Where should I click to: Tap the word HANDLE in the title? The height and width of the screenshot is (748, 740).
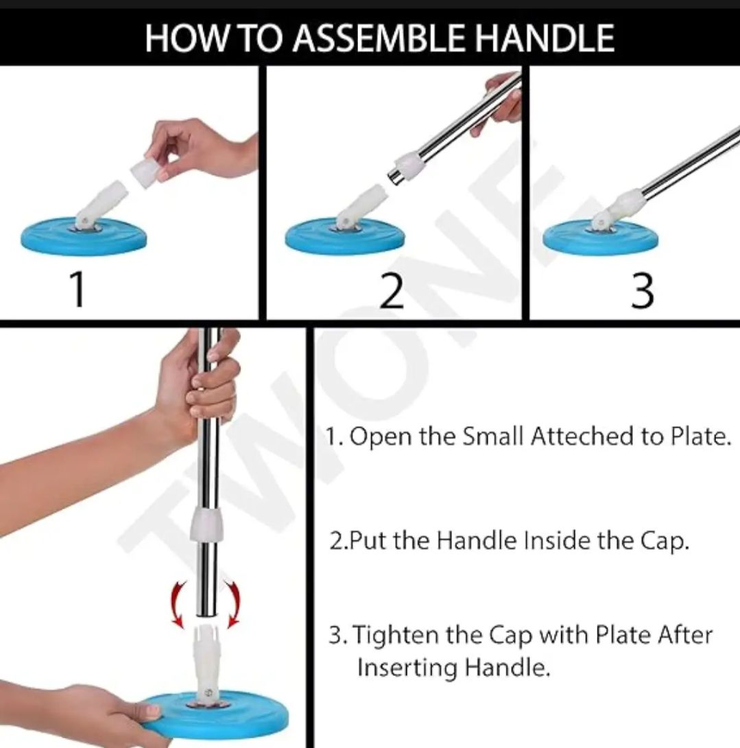(545, 38)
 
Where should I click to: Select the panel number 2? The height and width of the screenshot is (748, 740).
(392, 291)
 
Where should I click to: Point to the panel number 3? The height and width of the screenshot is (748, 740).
(642, 291)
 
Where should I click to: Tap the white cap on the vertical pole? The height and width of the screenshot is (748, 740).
(207, 524)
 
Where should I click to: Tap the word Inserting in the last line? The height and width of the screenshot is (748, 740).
(407, 667)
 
